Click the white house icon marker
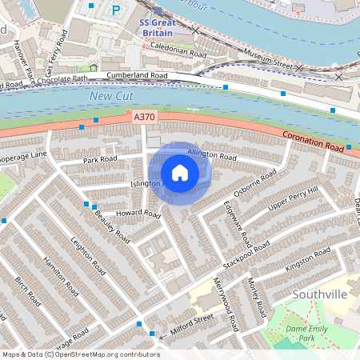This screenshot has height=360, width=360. tap(180, 173)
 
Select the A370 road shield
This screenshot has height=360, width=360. tap(145, 118)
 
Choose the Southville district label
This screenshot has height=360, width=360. tap(319, 294)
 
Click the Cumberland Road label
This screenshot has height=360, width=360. tap(137, 76)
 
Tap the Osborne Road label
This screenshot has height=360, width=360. tap(255, 183)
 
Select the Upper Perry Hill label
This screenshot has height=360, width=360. tap(293, 199)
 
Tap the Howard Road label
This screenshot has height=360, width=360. tap(138, 214)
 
